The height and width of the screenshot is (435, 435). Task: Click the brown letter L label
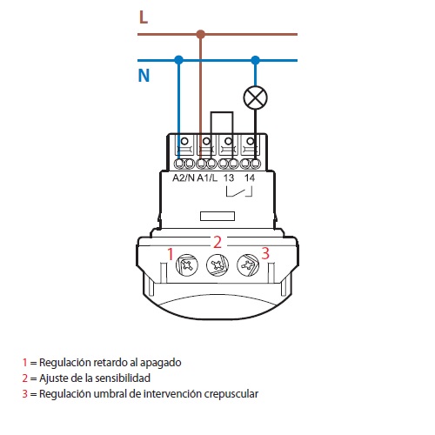pyautogui.click(x=144, y=17)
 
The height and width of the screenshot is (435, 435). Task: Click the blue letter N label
pyautogui.click(x=144, y=76)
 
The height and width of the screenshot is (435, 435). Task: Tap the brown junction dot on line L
pyautogui.click(x=200, y=34)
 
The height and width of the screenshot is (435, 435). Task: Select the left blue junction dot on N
pyautogui.click(x=179, y=60)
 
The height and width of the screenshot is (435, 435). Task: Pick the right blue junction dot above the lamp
pyautogui.click(x=255, y=60)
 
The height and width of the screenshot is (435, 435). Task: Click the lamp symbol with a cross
pyautogui.click(x=255, y=97)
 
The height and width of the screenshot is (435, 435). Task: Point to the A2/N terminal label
pyautogui.click(x=184, y=177)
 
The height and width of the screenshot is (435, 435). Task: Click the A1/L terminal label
pyautogui.click(x=207, y=177)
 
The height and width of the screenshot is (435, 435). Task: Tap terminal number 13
pyautogui.click(x=229, y=177)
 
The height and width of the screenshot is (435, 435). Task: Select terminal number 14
pyautogui.click(x=250, y=177)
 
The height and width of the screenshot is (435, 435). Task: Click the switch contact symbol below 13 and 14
pyautogui.click(x=239, y=192)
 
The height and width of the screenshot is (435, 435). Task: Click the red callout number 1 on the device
pyautogui.click(x=171, y=254)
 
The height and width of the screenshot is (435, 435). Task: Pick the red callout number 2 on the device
pyautogui.click(x=217, y=242)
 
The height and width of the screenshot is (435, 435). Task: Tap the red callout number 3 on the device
pyautogui.click(x=265, y=253)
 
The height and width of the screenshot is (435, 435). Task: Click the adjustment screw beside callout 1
pyautogui.click(x=187, y=264)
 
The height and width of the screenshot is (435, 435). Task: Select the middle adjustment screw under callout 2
pyautogui.click(x=217, y=265)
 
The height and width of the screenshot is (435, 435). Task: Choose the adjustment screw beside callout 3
pyautogui.click(x=248, y=264)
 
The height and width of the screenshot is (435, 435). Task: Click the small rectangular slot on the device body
pyautogui.click(x=217, y=216)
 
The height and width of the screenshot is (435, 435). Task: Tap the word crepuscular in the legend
pyautogui.click(x=231, y=394)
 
